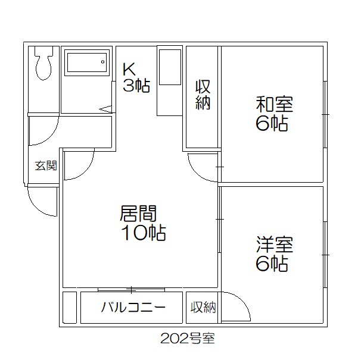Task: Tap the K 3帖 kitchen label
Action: point(136,77)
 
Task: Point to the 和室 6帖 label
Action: point(273,114)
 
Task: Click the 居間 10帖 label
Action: point(142,223)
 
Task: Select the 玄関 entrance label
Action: point(45,165)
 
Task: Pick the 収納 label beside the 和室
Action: point(203,95)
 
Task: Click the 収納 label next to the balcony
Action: point(203,308)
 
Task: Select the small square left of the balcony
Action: point(70,308)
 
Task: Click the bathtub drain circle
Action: point(102,62)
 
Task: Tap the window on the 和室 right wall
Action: point(325,113)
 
